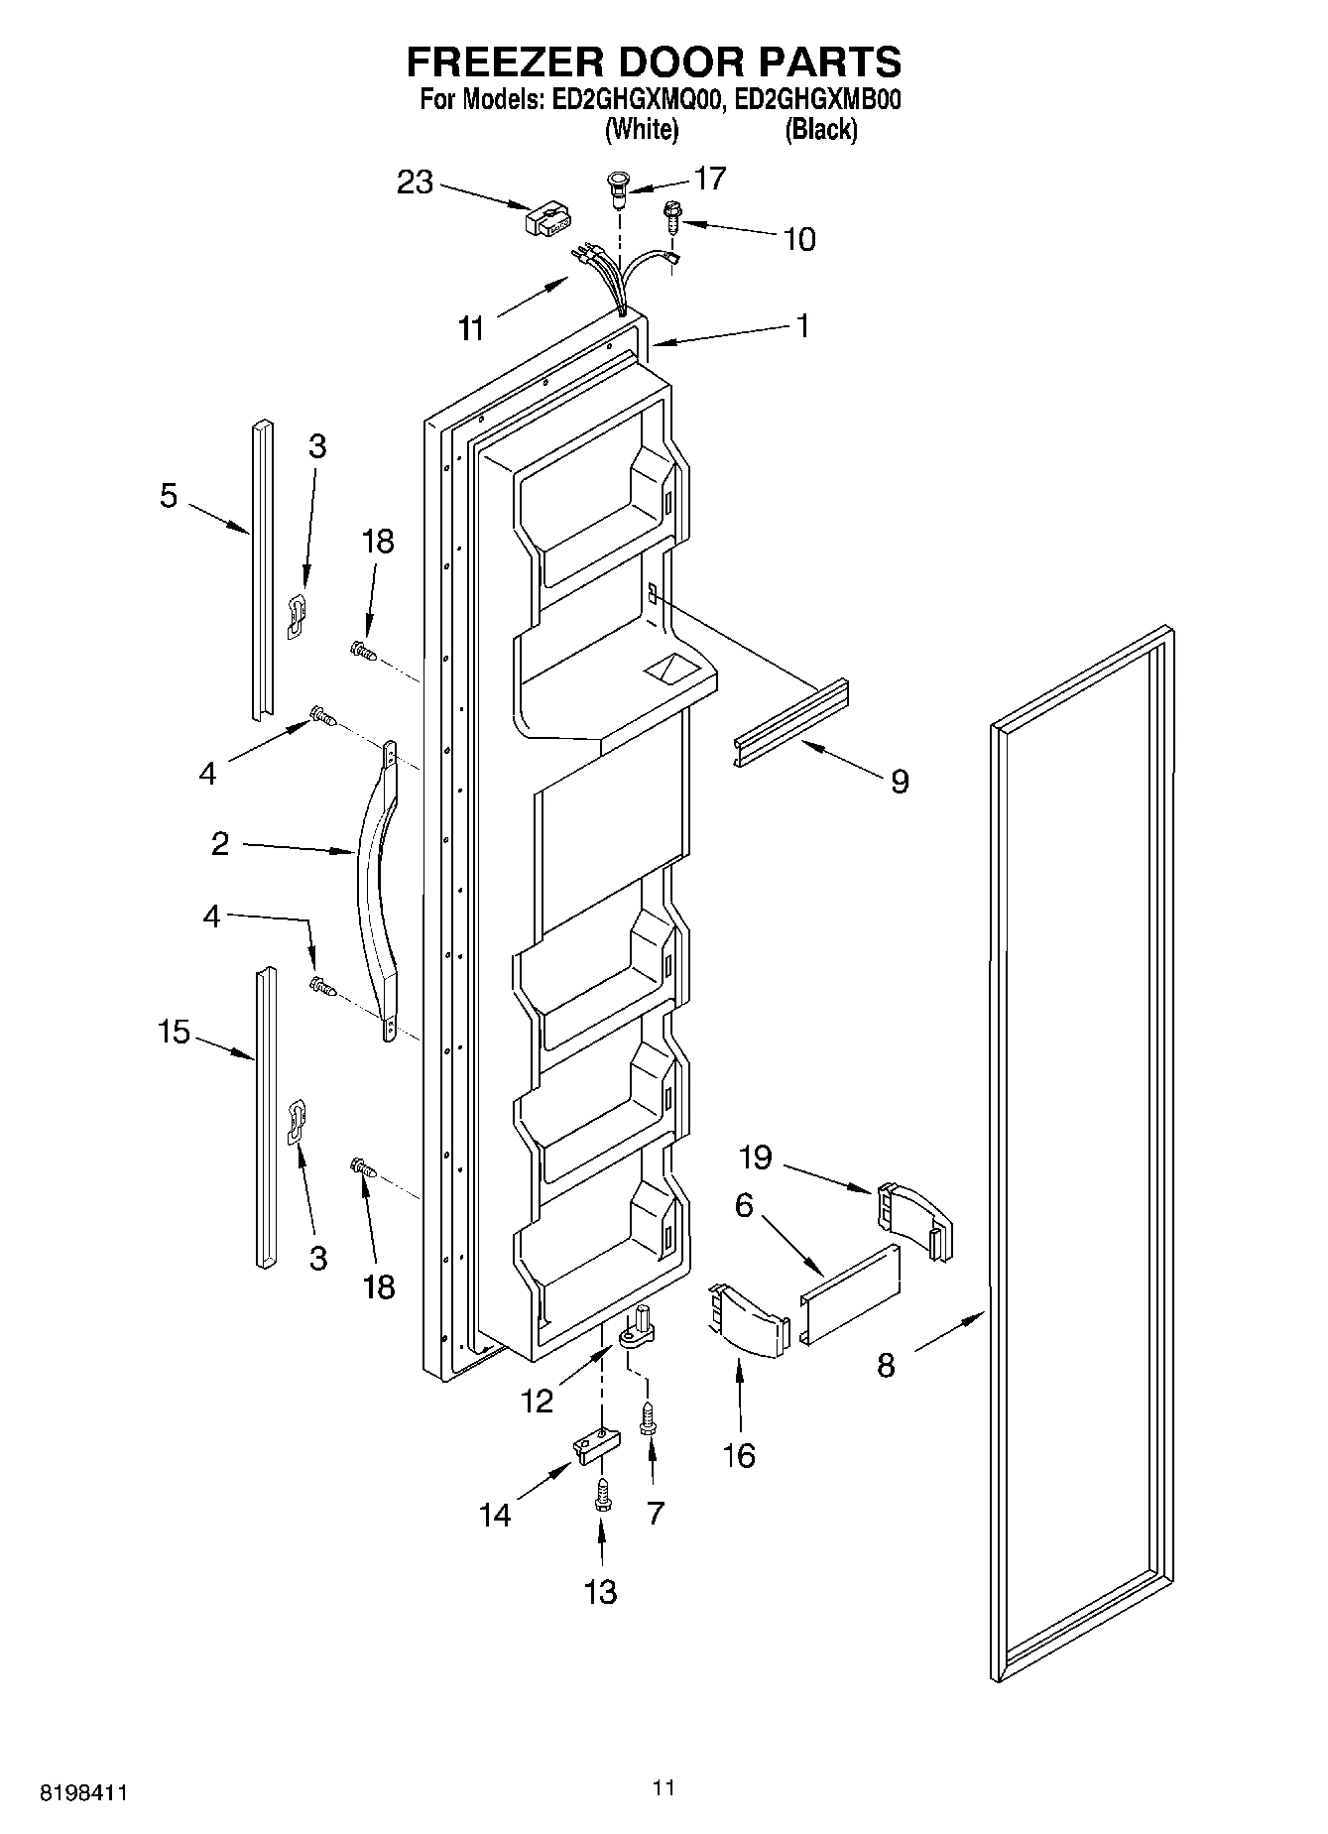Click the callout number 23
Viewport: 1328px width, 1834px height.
tap(416, 183)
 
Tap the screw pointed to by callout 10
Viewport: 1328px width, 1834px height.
tap(672, 217)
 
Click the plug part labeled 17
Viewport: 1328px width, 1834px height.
tap(618, 189)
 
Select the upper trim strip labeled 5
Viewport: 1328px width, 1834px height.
tap(261, 570)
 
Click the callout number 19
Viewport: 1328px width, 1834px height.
tap(755, 1157)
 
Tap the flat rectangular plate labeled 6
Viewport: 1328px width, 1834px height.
tap(851, 1293)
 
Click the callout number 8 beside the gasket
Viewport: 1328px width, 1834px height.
tap(886, 1365)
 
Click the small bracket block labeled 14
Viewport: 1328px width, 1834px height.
tap(592, 1445)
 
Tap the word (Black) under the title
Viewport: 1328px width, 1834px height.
tap(820, 129)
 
